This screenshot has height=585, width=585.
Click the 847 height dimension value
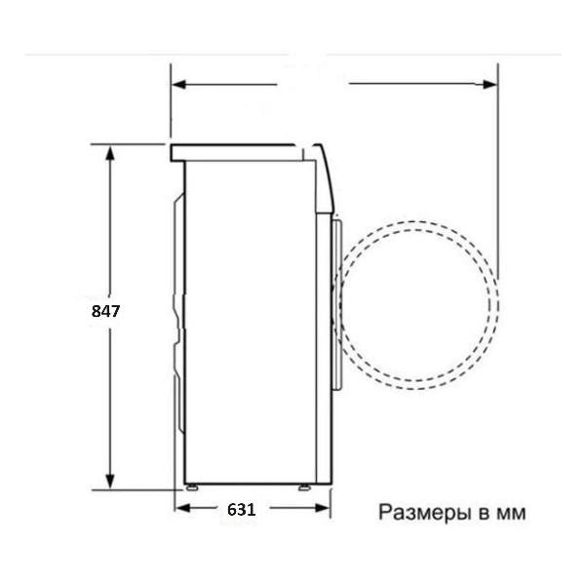tap(105, 311)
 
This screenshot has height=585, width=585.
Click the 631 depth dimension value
tap(242, 510)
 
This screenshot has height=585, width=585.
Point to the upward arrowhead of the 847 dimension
tap(109, 153)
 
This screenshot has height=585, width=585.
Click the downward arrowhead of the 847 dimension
tap(109, 481)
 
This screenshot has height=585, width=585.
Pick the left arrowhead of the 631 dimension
tap(182, 508)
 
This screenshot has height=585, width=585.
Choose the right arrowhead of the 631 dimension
tap(323, 508)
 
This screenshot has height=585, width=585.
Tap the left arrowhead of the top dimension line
tap(179, 84)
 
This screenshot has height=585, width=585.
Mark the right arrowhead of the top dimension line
tap(489, 84)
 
